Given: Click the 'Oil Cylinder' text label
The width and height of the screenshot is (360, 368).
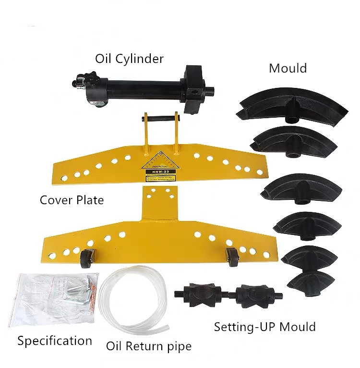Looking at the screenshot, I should (x=129, y=59).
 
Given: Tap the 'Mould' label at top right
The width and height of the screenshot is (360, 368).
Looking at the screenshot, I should (x=288, y=68).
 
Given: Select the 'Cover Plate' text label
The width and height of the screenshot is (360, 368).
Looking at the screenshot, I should (x=72, y=199).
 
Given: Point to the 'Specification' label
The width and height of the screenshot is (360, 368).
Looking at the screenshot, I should (x=54, y=341).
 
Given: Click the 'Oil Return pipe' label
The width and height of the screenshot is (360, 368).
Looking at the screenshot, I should (x=148, y=345).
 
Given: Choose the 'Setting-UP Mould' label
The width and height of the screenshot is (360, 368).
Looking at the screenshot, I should (x=264, y=327).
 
